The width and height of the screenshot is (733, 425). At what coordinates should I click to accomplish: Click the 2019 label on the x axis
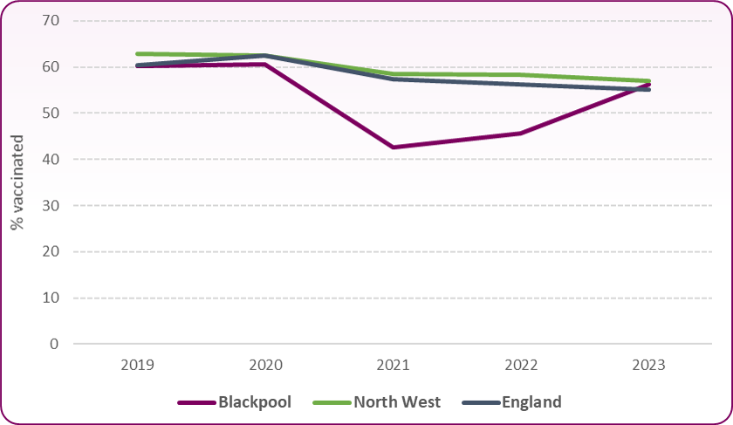coord(139,363)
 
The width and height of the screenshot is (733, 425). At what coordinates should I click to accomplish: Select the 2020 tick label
coord(267,363)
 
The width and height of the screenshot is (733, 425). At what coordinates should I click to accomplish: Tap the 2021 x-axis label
coord(394,363)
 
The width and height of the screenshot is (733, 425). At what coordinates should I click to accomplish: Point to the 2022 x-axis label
coord(522,363)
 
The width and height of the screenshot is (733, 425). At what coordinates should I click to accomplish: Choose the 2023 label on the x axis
coord(650,363)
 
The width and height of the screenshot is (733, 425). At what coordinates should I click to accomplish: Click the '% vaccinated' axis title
coord(17,182)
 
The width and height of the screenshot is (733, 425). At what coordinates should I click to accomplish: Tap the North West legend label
coord(397,402)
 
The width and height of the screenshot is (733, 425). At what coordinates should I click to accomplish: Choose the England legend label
coord(531,402)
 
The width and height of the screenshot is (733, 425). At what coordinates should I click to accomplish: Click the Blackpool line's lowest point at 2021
coord(394,147)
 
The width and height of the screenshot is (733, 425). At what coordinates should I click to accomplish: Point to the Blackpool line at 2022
coord(522,134)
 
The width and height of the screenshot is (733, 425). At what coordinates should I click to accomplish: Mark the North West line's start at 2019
coord(139,54)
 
